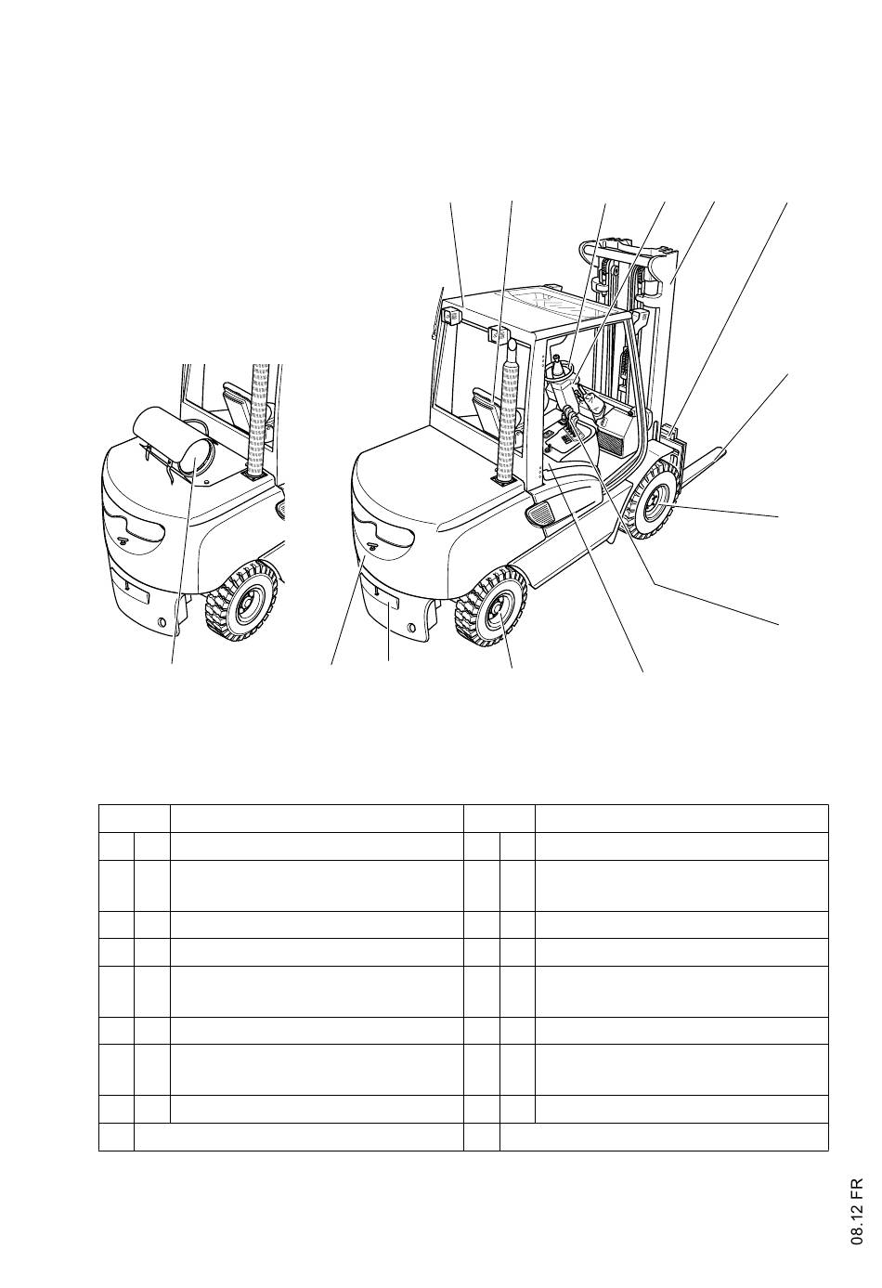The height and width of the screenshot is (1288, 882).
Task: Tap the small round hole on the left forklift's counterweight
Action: click(x=163, y=620)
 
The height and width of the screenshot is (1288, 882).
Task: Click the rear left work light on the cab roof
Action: click(x=453, y=317)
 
